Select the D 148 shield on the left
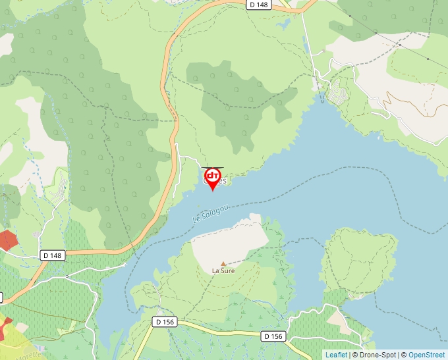pyautogui.click(x=53, y=255)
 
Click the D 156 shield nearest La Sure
pyautogui.click(x=165, y=322)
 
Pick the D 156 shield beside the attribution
pyautogui.click(x=273, y=336)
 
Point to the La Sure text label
pyautogui.click(x=223, y=270)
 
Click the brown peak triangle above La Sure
pyautogui.click(x=223, y=263)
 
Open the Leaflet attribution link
pyautogui.click(x=336, y=355)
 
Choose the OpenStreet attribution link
pyautogui.click(x=428, y=355)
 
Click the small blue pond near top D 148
pyautogui.click(x=284, y=24)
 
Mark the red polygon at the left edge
pyautogui.click(x=7, y=240)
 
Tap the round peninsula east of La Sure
pyautogui.click(x=360, y=260)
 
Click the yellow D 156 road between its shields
pyautogui.click(x=217, y=329)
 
